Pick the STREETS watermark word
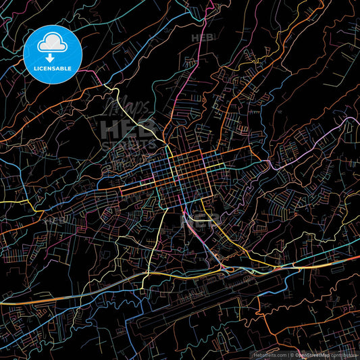pos(128,144)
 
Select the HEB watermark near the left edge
pos(54,220)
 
